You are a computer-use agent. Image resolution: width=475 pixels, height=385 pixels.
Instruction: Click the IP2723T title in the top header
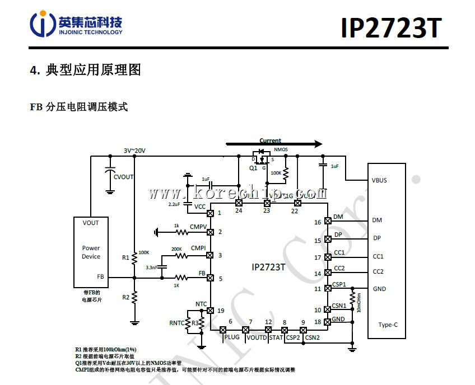[390, 29]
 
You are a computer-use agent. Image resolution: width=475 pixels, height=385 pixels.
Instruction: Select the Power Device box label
[91, 252]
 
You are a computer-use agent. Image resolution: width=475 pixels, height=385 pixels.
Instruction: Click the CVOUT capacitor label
[124, 177]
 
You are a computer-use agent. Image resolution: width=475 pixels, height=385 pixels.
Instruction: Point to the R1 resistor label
[125, 258]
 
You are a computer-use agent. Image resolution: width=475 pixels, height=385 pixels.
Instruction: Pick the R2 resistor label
[125, 297]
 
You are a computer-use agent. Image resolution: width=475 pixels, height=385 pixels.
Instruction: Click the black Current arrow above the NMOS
[274, 144]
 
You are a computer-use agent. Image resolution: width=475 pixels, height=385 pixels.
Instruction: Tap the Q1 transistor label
[253, 167]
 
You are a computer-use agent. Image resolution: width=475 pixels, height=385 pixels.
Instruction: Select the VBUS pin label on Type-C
[379, 180]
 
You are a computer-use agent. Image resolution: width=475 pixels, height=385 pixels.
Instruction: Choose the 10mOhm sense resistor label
[358, 302]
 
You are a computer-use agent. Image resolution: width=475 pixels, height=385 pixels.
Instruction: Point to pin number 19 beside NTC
[221, 310]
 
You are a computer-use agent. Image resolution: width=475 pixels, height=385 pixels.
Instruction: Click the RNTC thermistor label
[176, 323]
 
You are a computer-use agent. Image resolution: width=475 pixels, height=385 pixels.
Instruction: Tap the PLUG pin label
[231, 337]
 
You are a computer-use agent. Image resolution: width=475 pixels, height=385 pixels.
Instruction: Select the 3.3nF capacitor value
[151, 267]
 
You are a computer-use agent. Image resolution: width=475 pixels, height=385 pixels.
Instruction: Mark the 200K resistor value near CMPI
[176, 249]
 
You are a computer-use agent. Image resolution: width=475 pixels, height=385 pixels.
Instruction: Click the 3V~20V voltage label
[134, 151]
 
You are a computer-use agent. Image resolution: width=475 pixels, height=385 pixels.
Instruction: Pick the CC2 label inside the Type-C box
[378, 271]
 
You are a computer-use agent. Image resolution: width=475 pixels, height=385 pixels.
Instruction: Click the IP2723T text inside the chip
[268, 267]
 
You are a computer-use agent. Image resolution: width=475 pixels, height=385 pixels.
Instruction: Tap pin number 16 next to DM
[318, 222]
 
